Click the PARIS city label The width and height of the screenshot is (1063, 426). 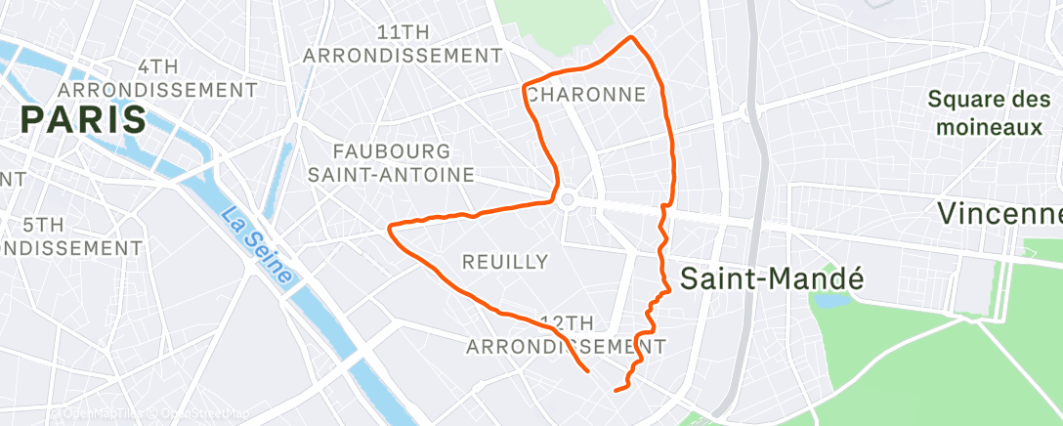pos(83,120)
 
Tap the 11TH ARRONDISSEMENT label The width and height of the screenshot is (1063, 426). pos(395,44)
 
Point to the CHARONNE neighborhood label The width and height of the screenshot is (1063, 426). pos(586,95)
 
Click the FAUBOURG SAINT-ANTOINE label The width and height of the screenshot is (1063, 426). pos(391,163)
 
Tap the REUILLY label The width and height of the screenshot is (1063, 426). pos(504,261)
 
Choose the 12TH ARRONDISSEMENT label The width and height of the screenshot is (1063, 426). pos(566,334)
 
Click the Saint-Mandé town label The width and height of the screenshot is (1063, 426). pos(772,277)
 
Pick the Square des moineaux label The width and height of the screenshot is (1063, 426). pos(988,112)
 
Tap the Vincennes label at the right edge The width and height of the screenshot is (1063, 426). pos(999,213)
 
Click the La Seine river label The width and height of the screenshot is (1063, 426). pos(256,245)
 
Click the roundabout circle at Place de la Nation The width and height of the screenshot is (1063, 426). pos(566,199)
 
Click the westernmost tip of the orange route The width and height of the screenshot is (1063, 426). pos(390,229)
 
